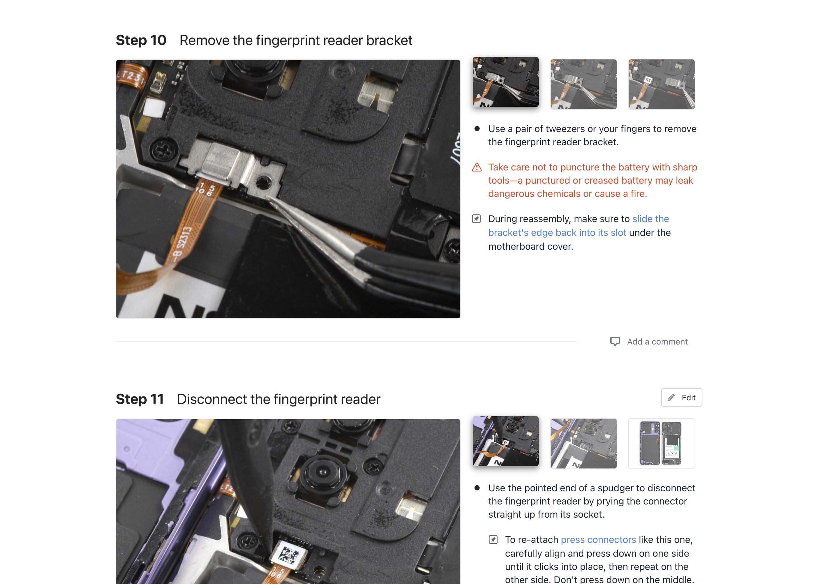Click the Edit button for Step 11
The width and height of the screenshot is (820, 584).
pos(681,397)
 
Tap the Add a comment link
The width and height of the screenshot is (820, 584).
pos(657,342)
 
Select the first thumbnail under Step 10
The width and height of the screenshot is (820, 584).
pos(506,82)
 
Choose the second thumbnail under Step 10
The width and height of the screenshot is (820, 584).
pos(584,84)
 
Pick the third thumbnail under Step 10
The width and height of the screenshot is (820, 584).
pos(662,84)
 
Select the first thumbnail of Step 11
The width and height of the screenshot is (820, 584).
pos(506,441)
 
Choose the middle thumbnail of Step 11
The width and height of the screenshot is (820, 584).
pos(584,443)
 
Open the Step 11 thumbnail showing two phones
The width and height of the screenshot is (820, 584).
pos(662,443)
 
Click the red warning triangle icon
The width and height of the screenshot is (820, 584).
pos(477,167)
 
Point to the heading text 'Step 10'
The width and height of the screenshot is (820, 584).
pos(141,40)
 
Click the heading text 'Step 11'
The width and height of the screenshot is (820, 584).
pos(140,399)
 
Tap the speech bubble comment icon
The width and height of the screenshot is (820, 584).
pos(615,341)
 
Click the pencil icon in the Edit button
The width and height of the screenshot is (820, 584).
pos(671,398)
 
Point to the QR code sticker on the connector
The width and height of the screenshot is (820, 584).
pos(289,553)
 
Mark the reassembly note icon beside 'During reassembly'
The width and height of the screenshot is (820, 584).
pos(477,219)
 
